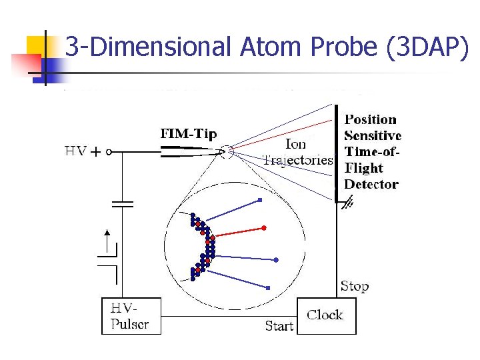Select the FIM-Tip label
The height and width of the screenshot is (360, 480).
189,134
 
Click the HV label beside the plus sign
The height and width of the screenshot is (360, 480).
75,151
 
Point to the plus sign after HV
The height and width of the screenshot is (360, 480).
95,152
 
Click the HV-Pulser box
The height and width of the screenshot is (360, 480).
131,316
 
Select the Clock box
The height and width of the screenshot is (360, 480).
326,315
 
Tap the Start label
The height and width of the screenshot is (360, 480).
279,326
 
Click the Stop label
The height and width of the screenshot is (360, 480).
354,287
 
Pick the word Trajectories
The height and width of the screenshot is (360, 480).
297,160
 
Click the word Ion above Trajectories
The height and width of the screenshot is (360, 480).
296,144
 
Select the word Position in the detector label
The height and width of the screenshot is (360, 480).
370,120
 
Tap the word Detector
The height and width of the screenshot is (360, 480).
371,184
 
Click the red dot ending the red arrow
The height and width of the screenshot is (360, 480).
264,228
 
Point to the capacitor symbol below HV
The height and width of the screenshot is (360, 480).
122,203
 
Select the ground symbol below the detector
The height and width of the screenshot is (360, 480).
347,204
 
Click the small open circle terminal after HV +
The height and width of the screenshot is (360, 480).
109,152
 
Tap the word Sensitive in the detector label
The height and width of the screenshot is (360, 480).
373,136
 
